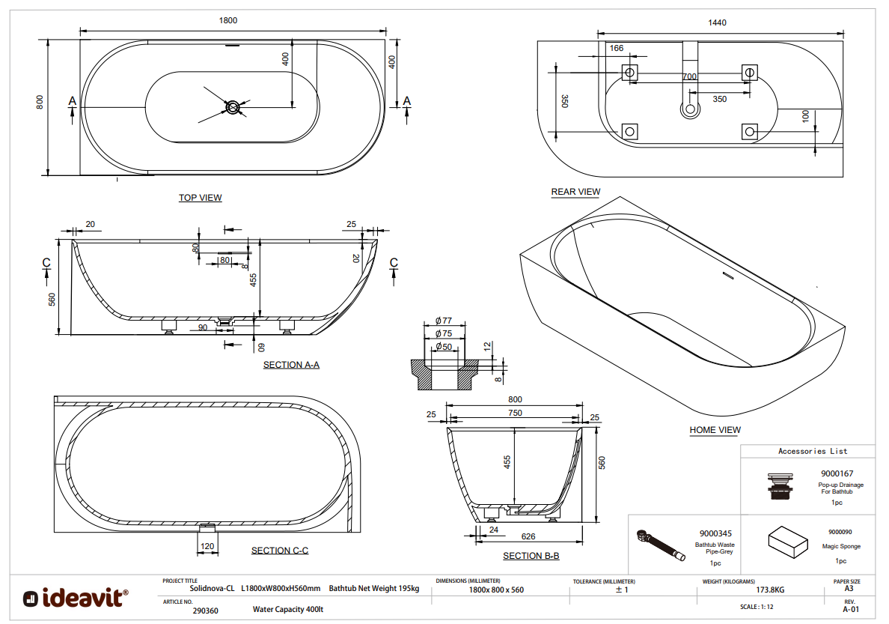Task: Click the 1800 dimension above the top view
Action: click(x=228, y=20)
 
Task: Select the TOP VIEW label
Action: click(x=200, y=198)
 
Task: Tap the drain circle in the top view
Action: click(x=233, y=108)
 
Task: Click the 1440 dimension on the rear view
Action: click(x=717, y=22)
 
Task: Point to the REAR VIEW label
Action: click(x=575, y=192)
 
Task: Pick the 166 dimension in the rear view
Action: click(x=617, y=48)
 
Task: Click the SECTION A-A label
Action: click(x=291, y=365)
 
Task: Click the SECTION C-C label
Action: click(x=280, y=551)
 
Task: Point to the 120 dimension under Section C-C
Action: click(x=208, y=546)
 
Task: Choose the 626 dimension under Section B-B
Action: click(x=528, y=536)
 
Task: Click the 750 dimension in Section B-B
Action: click(x=514, y=413)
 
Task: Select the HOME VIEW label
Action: click(x=715, y=430)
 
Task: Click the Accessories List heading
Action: click(x=813, y=451)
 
